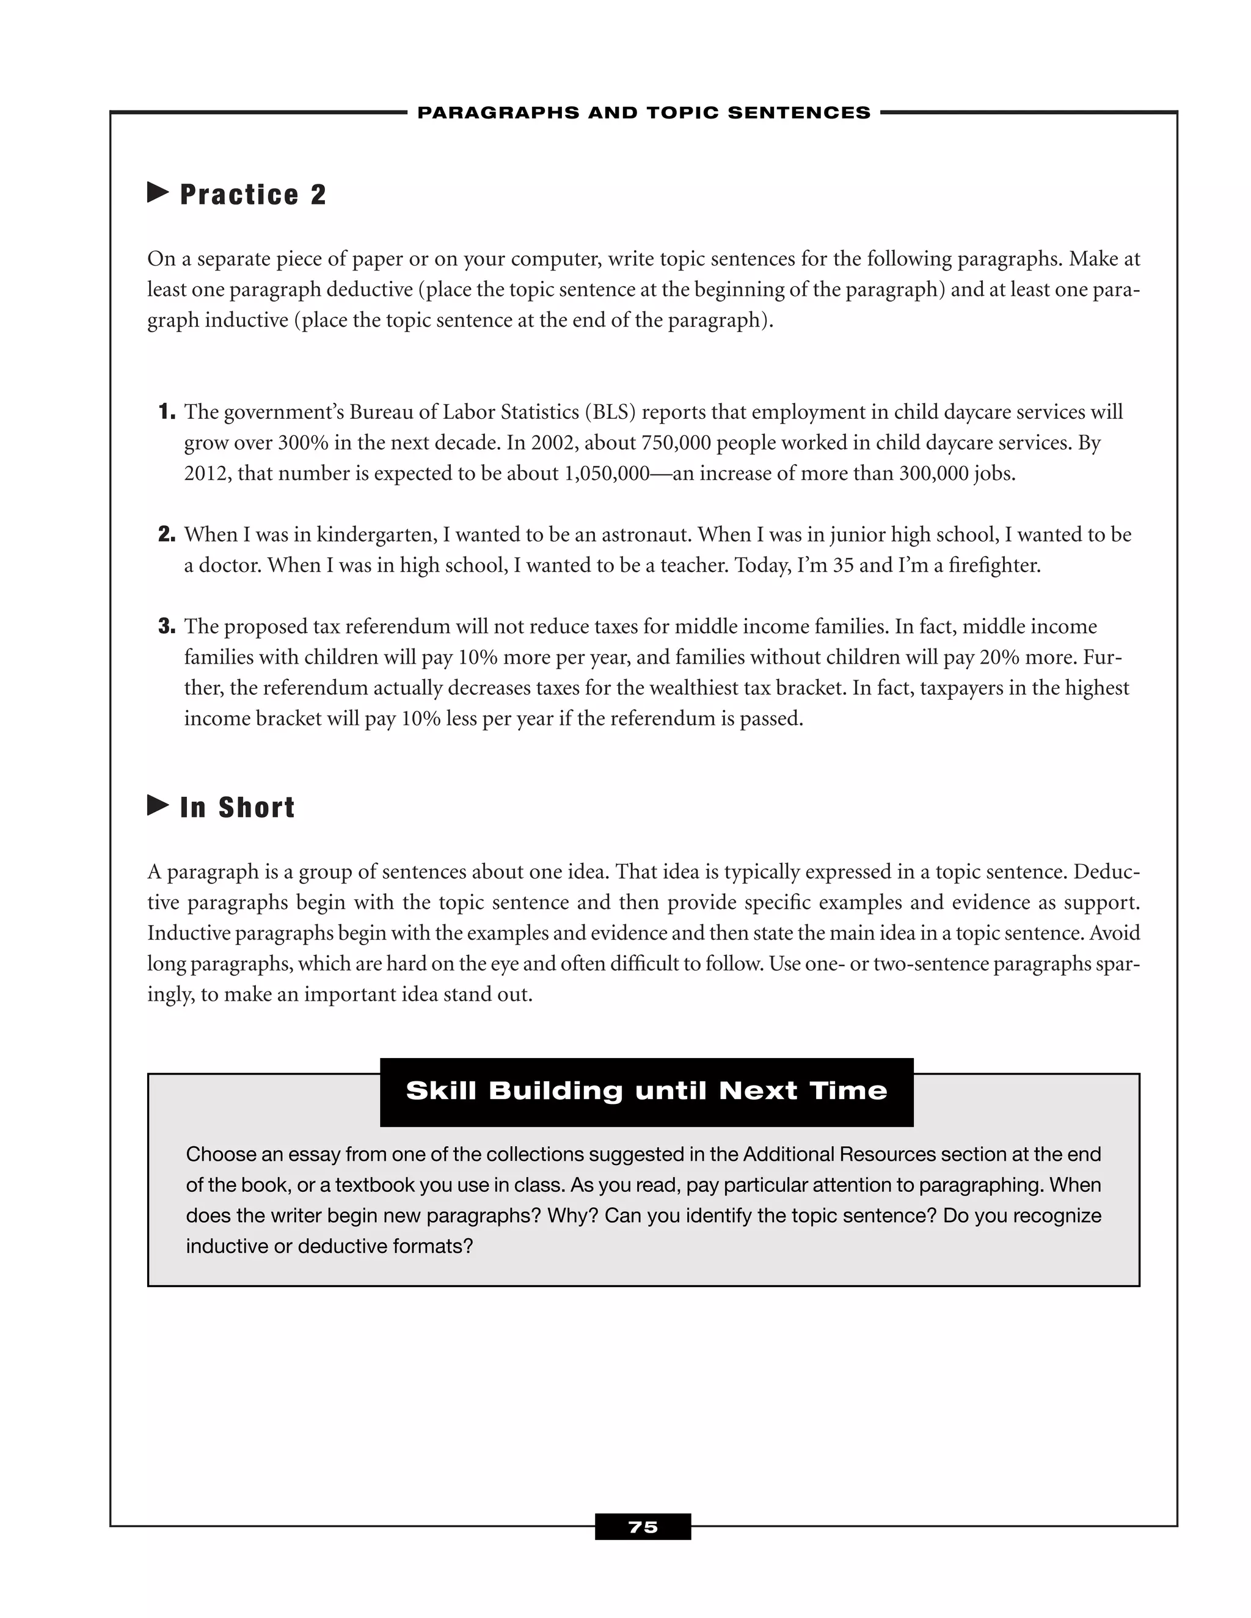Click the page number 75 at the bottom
pos(643,1527)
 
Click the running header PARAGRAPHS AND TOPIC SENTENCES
pos(643,112)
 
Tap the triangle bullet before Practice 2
pos(158,192)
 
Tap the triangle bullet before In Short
pos(158,805)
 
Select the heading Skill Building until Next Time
pos(646,1090)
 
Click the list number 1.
pos(167,412)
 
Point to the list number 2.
pos(167,534)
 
